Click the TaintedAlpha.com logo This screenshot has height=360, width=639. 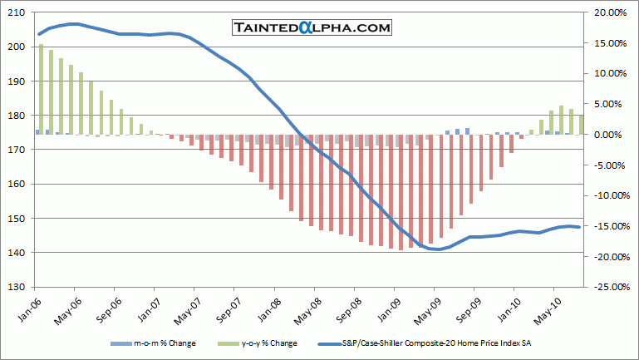(x=312, y=28)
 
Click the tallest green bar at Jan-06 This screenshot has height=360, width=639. (x=42, y=89)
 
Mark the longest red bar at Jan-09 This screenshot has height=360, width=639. (x=401, y=192)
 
